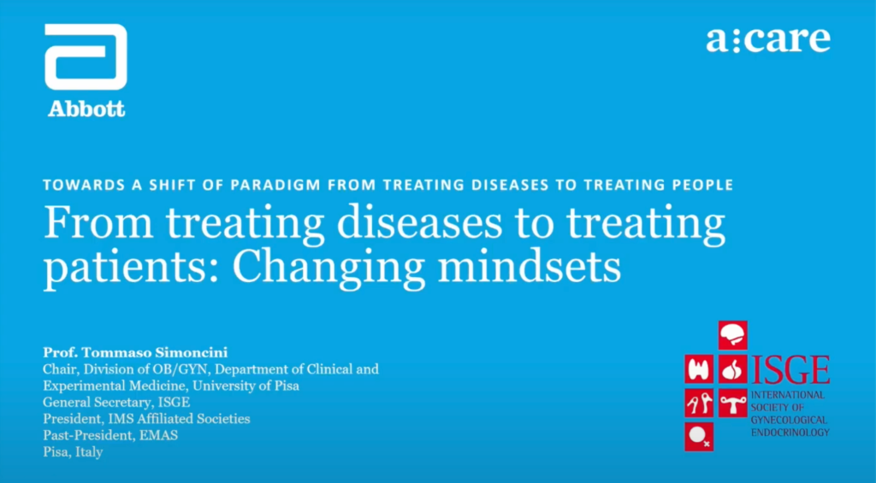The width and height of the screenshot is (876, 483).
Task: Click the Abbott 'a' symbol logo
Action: tap(86, 57)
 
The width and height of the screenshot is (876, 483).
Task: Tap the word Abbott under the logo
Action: tap(86, 109)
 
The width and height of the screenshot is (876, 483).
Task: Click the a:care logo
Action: tap(768, 39)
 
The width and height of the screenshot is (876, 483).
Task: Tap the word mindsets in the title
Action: tap(529, 267)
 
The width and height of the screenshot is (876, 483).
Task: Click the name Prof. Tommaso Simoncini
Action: tap(135, 353)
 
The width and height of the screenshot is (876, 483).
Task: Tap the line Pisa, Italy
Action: tap(74, 452)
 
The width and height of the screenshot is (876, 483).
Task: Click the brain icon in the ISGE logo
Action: tap(732, 335)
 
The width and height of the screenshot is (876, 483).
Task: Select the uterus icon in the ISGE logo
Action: tap(732, 402)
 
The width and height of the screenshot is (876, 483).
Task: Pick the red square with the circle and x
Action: tap(699, 436)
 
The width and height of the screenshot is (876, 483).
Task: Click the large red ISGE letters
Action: tap(790, 370)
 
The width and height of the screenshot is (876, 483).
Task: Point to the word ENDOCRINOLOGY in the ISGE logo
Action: tap(790, 433)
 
